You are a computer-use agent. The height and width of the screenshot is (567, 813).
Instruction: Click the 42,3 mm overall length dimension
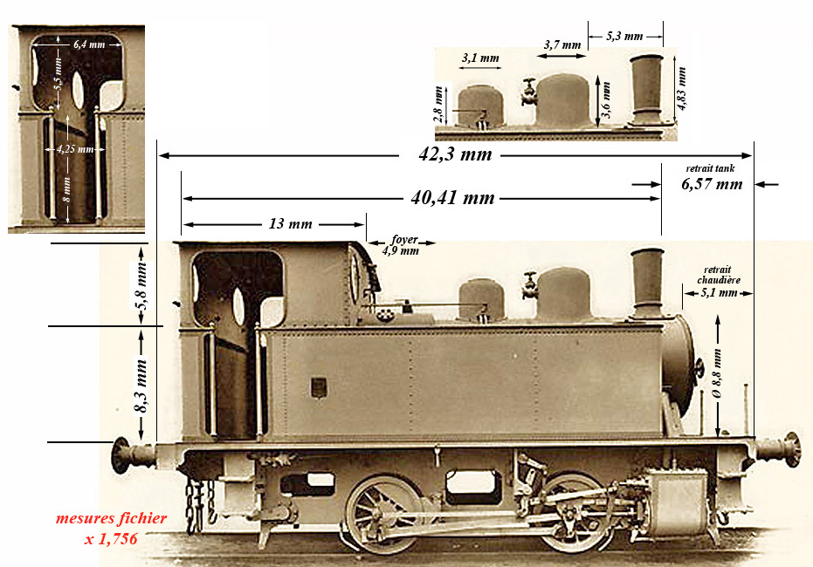455,155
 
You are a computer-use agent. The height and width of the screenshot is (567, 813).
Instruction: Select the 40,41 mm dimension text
452,198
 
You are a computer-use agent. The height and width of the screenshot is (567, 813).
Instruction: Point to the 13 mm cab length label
289,224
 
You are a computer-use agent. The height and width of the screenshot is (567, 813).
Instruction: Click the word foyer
403,238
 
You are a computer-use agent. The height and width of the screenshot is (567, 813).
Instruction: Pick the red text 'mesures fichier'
111,518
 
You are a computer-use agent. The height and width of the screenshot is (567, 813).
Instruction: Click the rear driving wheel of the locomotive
382,514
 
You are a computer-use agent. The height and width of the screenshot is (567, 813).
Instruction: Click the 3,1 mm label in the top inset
479,58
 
